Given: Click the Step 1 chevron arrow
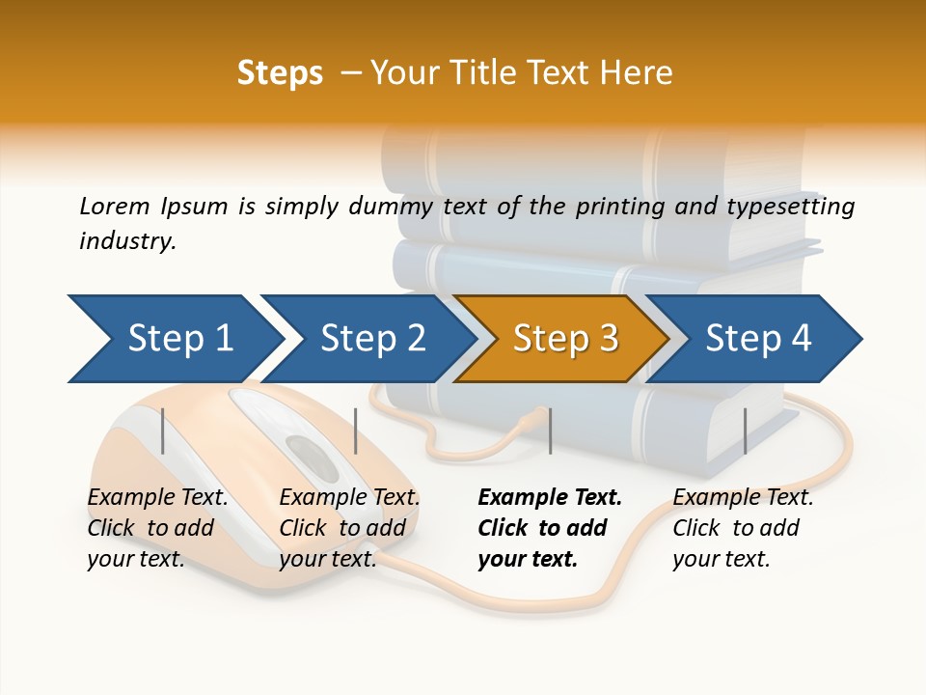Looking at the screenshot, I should coord(174,339).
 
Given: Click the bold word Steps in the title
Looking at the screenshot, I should coord(280,73).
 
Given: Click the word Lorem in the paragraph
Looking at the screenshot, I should coord(114,206).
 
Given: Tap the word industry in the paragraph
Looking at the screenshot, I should coord(126,241).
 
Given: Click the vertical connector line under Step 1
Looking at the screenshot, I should coord(163,431).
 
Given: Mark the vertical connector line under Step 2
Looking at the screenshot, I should coord(356,431).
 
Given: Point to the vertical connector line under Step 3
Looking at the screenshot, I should coord(550,431).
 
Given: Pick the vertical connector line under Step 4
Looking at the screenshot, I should coord(745,431).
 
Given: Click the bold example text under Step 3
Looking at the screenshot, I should coord(548,528).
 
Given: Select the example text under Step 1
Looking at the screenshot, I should coord(156,528).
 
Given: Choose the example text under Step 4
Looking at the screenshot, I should coord(742,528).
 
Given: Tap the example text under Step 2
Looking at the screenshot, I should coord(348,528).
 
